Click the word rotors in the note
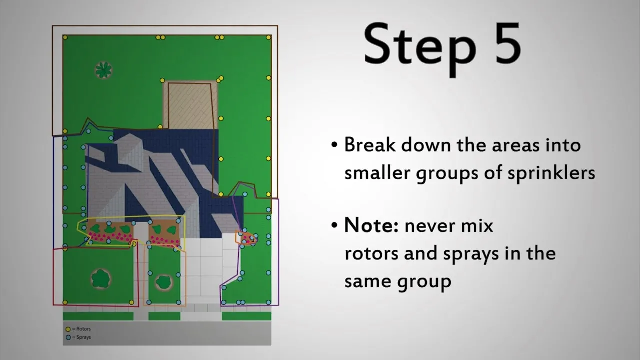pyautogui.click(x=371, y=253)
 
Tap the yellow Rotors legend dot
pyautogui.click(x=68, y=329)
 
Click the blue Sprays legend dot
pyautogui.click(x=68, y=337)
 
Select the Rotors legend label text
pyautogui.click(x=83, y=329)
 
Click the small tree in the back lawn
pyautogui.click(x=103, y=70)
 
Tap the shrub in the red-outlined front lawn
pyautogui.click(x=101, y=278)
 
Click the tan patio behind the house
pyautogui.click(x=190, y=105)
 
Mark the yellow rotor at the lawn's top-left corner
pyautogui.click(x=65, y=37)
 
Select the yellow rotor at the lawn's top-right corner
pyautogui.click(x=268, y=37)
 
